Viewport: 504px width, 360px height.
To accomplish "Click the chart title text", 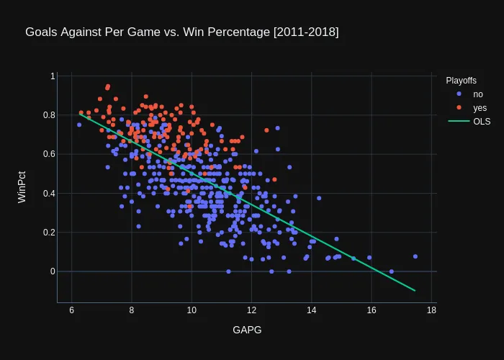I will point(181,32).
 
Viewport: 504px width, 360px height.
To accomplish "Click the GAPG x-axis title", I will point(247,330).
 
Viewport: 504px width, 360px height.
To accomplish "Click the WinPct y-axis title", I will point(22,187).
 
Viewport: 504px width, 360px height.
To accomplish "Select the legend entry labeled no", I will point(478,94).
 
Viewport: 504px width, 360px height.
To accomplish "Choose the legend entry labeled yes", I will point(480,108).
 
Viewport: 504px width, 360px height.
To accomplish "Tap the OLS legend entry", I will point(482,122).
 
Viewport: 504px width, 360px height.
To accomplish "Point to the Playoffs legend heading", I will point(462,80).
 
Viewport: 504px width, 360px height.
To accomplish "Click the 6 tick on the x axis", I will point(72,310).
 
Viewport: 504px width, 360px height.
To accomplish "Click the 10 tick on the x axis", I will point(192,310).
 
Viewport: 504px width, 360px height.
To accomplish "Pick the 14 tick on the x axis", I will point(312,310).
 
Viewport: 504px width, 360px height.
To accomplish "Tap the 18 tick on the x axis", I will point(431,310).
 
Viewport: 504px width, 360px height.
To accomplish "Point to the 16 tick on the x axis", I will point(372,310).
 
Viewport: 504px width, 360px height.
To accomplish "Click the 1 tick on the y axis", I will point(53,76).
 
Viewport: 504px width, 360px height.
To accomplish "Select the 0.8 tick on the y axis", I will point(48,115).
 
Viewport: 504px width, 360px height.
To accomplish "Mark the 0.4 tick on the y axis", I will point(48,193).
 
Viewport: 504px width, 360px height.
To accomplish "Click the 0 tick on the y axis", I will point(53,271).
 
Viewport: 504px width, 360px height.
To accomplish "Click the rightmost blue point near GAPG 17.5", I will point(415,256).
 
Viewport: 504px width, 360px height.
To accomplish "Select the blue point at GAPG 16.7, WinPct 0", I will point(392,271).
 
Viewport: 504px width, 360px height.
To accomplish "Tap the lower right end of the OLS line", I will point(415,290).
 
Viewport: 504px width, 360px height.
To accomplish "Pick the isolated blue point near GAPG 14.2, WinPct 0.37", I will point(319,198).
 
